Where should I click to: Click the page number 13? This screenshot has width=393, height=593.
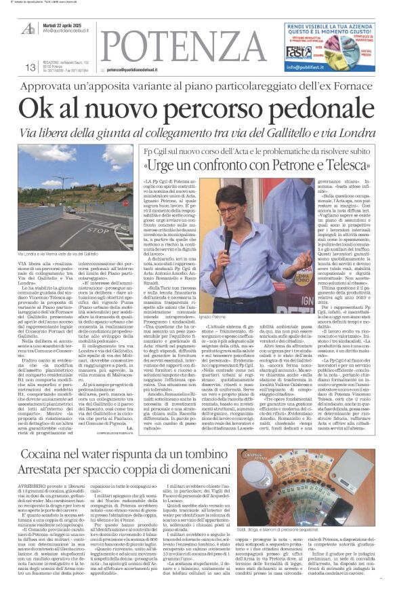30,67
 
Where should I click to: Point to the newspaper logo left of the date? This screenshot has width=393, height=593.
28,26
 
